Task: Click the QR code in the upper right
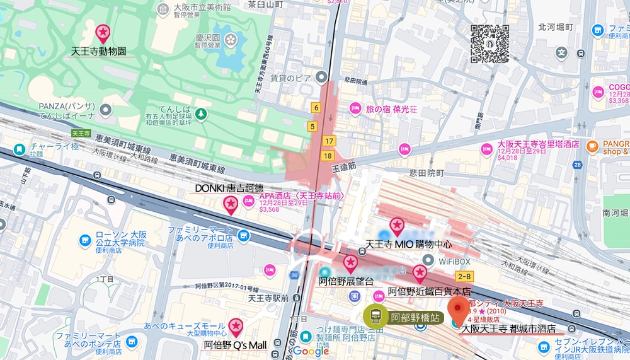click(490, 44)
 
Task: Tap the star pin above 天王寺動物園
click(102, 33)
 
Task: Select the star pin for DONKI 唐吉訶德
click(231, 204)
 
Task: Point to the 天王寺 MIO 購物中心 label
click(409, 244)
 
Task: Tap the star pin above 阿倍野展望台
click(350, 264)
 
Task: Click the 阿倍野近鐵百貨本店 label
click(429, 291)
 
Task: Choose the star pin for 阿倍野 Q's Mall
click(236, 327)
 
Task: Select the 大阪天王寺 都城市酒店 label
click(508, 328)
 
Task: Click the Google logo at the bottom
click(311, 351)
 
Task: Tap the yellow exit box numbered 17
click(328, 141)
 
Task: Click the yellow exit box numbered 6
click(315, 108)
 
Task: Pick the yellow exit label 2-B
click(465, 276)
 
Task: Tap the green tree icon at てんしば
click(200, 114)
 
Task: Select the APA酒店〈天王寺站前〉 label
click(301, 196)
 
